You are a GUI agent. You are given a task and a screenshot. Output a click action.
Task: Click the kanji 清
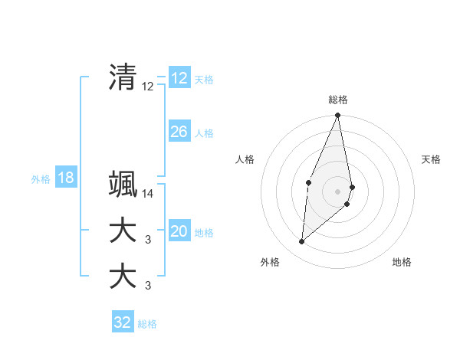[x=123, y=77]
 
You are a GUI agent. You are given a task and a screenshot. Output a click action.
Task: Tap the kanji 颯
[x=123, y=184]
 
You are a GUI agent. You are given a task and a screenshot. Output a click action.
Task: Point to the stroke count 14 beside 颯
[x=148, y=195]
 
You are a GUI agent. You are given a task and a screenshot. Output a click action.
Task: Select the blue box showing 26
[x=179, y=132]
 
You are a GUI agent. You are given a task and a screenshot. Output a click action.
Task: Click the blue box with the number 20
[x=179, y=231]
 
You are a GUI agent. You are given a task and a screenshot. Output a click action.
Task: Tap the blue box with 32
[x=123, y=322]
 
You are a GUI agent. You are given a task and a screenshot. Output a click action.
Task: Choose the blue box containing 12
[x=179, y=78]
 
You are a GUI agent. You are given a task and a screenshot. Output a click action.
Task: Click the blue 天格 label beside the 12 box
[x=204, y=80]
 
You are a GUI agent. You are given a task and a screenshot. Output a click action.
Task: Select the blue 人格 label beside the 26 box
[x=204, y=133]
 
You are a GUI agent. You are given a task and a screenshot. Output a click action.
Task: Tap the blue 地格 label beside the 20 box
[x=204, y=233]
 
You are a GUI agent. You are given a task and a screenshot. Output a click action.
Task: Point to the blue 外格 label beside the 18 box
[x=41, y=179]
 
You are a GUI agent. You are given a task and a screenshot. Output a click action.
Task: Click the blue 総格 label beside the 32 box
[x=148, y=324]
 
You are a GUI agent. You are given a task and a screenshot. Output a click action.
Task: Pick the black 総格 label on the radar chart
[x=338, y=100]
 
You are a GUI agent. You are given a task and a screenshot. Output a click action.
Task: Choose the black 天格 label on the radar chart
[x=432, y=159]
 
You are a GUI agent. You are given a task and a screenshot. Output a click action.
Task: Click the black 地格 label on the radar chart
[x=402, y=262]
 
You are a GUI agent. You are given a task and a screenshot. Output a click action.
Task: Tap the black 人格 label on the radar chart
[x=245, y=159]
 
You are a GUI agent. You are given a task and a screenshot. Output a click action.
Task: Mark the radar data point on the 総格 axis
[x=338, y=116]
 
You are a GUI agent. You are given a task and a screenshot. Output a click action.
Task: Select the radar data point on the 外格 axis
[x=302, y=241]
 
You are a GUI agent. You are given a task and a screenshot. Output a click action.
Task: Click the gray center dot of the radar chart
[x=338, y=191]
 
